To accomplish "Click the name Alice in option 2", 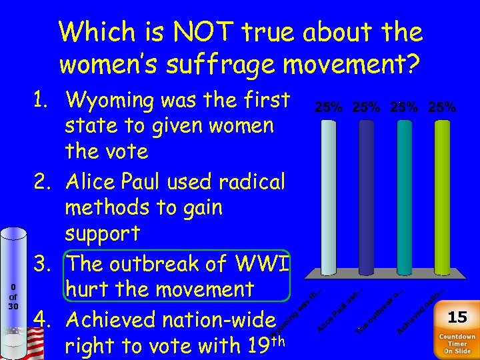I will [x=91, y=181].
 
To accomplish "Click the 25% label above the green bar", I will [x=441, y=107].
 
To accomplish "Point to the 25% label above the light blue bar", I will [x=329, y=107].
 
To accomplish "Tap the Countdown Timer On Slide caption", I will [x=457, y=342].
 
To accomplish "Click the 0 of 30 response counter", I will [x=13, y=296].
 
